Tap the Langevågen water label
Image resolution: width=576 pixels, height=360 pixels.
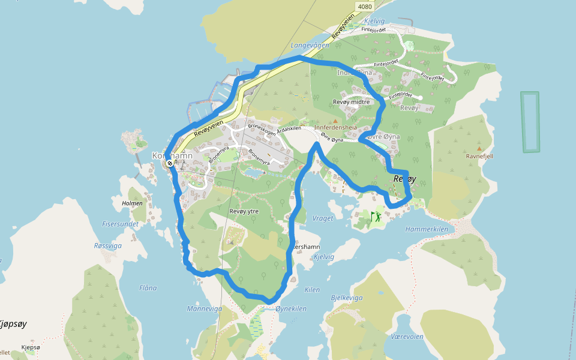pos(310,45)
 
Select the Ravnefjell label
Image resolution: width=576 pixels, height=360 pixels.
pos(479,156)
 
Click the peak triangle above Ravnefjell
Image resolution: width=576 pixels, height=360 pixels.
pos(479,148)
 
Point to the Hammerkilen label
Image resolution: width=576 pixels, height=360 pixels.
pos(427,229)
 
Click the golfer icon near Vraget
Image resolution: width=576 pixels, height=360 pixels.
pos(376,216)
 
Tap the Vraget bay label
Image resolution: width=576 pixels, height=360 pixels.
pos(323,218)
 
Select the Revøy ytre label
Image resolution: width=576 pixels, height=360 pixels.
pos(244,211)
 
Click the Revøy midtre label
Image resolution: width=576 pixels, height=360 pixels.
pos(351,102)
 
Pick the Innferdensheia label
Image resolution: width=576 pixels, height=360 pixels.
pos(335,128)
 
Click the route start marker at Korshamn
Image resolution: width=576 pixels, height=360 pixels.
pos(170,163)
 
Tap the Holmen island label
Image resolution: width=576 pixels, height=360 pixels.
pos(132,203)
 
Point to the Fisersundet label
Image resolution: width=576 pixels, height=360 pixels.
pos(120,224)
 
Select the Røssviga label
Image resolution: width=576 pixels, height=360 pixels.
pos(108,245)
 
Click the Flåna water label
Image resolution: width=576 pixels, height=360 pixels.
pos(148,288)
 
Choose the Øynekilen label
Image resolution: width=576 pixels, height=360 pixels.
pos(291,309)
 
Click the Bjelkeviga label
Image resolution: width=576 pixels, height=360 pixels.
pos(347,298)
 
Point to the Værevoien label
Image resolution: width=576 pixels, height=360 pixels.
pos(407,337)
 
